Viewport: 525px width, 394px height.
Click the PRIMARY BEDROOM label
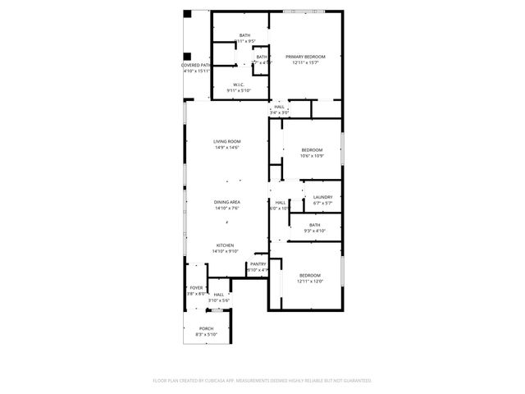pyautogui.click(x=305, y=57)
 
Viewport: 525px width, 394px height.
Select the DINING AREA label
pyautogui.click(x=226, y=202)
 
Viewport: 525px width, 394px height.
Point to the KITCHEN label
pyautogui.click(x=226, y=245)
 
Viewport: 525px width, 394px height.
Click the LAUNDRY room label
pyautogui.click(x=322, y=197)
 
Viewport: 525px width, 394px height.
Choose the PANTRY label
pyautogui.click(x=258, y=264)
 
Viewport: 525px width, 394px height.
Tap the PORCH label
pyautogui.click(x=206, y=328)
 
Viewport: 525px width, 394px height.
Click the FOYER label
pyautogui.click(x=196, y=287)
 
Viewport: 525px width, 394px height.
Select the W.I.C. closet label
pyautogui.click(x=239, y=85)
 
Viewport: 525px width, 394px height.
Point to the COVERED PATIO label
pyautogui.click(x=196, y=65)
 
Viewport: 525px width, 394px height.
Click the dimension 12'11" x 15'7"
pyautogui.click(x=305, y=62)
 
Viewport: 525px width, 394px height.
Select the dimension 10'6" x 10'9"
pyautogui.click(x=312, y=156)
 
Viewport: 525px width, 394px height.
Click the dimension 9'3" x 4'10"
pyautogui.click(x=315, y=231)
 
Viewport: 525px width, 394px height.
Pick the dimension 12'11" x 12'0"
pyautogui.click(x=310, y=281)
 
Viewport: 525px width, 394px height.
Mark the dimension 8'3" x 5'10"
pyautogui.click(x=206, y=334)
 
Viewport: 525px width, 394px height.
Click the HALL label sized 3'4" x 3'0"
pyautogui.click(x=280, y=107)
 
